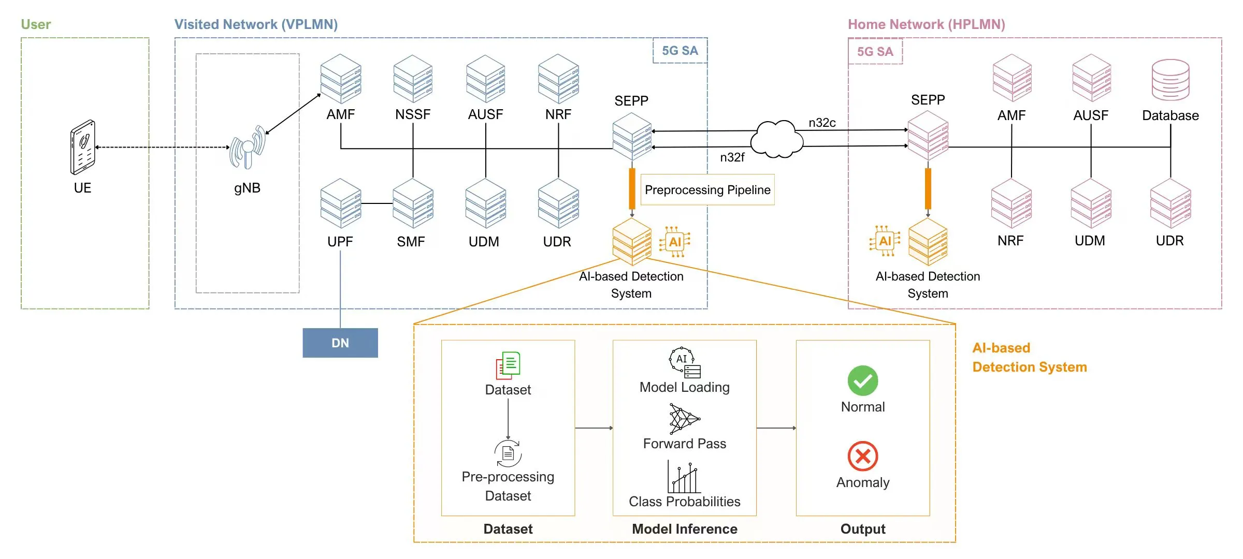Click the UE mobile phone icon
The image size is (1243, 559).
pyautogui.click(x=83, y=148)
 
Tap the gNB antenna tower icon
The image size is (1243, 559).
pyautogui.click(x=248, y=148)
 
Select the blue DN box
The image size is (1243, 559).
pyautogui.click(x=340, y=343)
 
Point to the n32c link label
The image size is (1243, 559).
pyautogui.click(x=822, y=123)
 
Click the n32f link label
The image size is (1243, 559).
pyautogui.click(x=732, y=157)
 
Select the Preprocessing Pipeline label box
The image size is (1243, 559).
pyautogui.click(x=707, y=190)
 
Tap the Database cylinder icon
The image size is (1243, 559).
pyautogui.click(x=1170, y=80)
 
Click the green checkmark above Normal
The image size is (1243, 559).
pyautogui.click(x=863, y=381)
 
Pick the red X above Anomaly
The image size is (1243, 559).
pyautogui.click(x=863, y=456)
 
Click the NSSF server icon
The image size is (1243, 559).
pyautogui.click(x=413, y=79)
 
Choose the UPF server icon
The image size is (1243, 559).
pyautogui.click(x=340, y=203)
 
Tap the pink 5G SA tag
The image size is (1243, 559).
pyautogui.click(x=875, y=52)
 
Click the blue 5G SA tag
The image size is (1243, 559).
pyautogui.click(x=680, y=51)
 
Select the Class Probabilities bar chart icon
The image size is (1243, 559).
pyautogui.click(x=684, y=477)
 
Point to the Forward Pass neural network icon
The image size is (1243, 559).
pyautogui.click(x=684, y=419)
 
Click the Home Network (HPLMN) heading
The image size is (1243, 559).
pyautogui.click(x=926, y=24)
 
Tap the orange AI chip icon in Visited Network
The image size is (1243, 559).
pyautogui.click(x=675, y=242)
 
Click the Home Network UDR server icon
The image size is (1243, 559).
pyautogui.click(x=1170, y=203)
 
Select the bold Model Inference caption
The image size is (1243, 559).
pyautogui.click(x=684, y=529)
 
